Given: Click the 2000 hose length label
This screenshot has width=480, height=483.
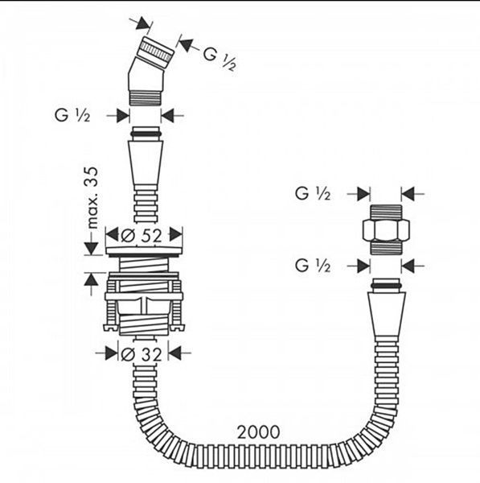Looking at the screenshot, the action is click(258, 431).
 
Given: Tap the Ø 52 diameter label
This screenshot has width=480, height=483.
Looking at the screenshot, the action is click(142, 236).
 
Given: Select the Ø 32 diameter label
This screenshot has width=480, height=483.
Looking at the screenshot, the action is click(142, 354).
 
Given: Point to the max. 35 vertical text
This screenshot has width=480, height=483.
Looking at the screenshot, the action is click(92, 197).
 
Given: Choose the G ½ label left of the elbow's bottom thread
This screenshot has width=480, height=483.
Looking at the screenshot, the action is click(72, 115).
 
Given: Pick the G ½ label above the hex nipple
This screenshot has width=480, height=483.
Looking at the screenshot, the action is click(313, 193).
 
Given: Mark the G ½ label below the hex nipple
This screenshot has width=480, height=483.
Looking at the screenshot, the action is click(313, 265).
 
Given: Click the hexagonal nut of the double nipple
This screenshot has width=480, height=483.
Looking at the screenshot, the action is click(386, 229).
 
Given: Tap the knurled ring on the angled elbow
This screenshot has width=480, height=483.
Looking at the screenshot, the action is click(156, 52).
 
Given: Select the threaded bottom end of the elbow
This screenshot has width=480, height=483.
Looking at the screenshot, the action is click(145, 98).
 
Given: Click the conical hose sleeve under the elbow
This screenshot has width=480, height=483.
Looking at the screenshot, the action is click(146, 163).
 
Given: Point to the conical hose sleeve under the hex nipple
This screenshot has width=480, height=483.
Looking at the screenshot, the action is click(387, 314).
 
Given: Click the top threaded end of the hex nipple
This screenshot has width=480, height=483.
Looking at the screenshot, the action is click(386, 212).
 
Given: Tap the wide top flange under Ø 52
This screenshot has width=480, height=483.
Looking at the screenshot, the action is click(144, 250).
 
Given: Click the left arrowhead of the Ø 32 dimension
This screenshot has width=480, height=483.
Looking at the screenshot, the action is click(111, 353).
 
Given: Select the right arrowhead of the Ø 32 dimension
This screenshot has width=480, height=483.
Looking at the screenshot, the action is click(174, 353).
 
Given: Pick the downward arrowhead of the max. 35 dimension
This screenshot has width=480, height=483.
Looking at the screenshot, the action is click(91, 249).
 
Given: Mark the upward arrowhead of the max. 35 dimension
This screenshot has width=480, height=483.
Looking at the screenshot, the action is click(91, 279).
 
